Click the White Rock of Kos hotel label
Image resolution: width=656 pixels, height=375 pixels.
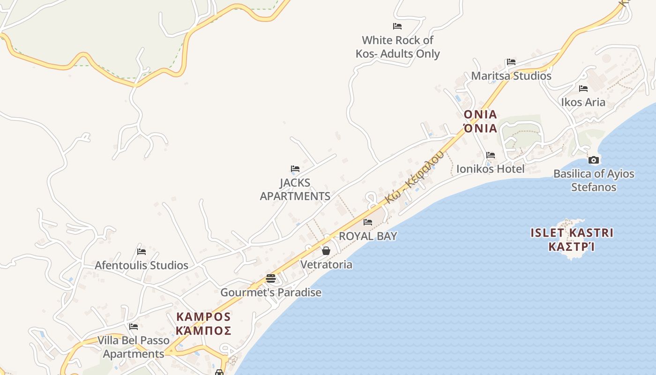[397, 47]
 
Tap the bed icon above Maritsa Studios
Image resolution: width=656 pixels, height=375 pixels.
[511, 62]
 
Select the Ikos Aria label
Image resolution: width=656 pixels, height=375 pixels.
[583, 102]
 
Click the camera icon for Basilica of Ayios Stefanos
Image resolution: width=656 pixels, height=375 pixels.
[593, 160]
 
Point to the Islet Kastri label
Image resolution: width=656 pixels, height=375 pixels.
[572, 233]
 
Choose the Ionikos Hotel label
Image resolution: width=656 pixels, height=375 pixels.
[490, 169]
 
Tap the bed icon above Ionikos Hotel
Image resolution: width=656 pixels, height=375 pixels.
[490, 155]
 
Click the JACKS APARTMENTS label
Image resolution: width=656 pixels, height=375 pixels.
[295, 189]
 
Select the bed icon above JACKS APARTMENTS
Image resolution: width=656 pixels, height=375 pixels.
[295, 169]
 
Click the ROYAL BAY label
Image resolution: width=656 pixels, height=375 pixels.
[368, 236]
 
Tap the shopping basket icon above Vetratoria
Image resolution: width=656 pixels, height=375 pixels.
[326, 251]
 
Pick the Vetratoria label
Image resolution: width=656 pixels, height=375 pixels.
[326, 264]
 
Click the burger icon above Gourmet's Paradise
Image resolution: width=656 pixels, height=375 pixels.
[271, 278]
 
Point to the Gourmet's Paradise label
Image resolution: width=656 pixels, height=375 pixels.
[271, 292]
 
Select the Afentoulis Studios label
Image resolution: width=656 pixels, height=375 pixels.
[142, 265]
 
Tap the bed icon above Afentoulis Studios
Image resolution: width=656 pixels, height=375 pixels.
[141, 252]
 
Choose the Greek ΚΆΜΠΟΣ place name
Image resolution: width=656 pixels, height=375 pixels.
[203, 331]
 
